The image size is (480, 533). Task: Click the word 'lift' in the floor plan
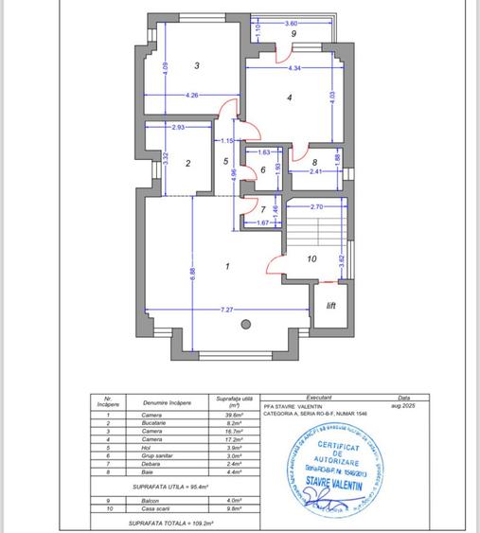(x=330, y=306)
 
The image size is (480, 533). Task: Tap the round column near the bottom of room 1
(x=247, y=325)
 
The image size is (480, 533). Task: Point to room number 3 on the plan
(x=196, y=65)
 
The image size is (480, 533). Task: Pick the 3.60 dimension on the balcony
(x=292, y=22)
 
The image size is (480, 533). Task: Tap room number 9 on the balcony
(x=294, y=34)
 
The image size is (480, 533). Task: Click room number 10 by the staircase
(x=311, y=258)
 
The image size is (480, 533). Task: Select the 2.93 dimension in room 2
(x=178, y=127)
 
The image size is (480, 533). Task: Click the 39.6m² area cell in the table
(x=229, y=416)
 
